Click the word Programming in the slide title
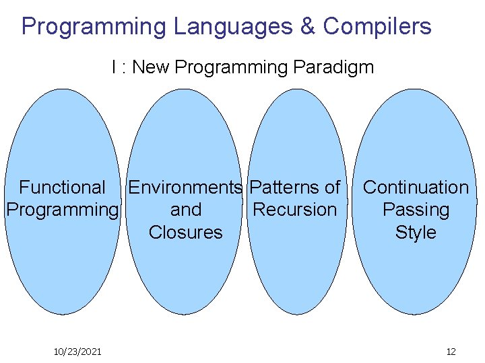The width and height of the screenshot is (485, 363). tap(94, 27)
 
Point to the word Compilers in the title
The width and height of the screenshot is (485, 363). tap(377, 27)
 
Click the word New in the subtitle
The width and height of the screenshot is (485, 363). tap(152, 67)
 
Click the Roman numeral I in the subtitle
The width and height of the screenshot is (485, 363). tap(115, 67)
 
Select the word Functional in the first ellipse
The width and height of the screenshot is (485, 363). tap(62, 188)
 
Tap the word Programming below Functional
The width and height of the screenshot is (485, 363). tap(62, 210)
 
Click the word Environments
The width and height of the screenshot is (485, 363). tap(185, 188)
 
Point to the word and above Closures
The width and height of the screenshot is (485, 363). tap(186, 210)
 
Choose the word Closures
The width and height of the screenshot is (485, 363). tap(185, 233)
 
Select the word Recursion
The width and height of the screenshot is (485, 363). tap(294, 210)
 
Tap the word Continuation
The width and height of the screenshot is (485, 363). tap(416, 188)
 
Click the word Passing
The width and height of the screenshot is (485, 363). tap(416, 210)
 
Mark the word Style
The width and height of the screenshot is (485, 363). tap(416, 233)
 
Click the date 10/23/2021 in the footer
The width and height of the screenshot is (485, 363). tap(77, 352)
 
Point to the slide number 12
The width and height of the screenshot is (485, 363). tap(451, 352)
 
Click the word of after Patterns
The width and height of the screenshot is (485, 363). tap(332, 188)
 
